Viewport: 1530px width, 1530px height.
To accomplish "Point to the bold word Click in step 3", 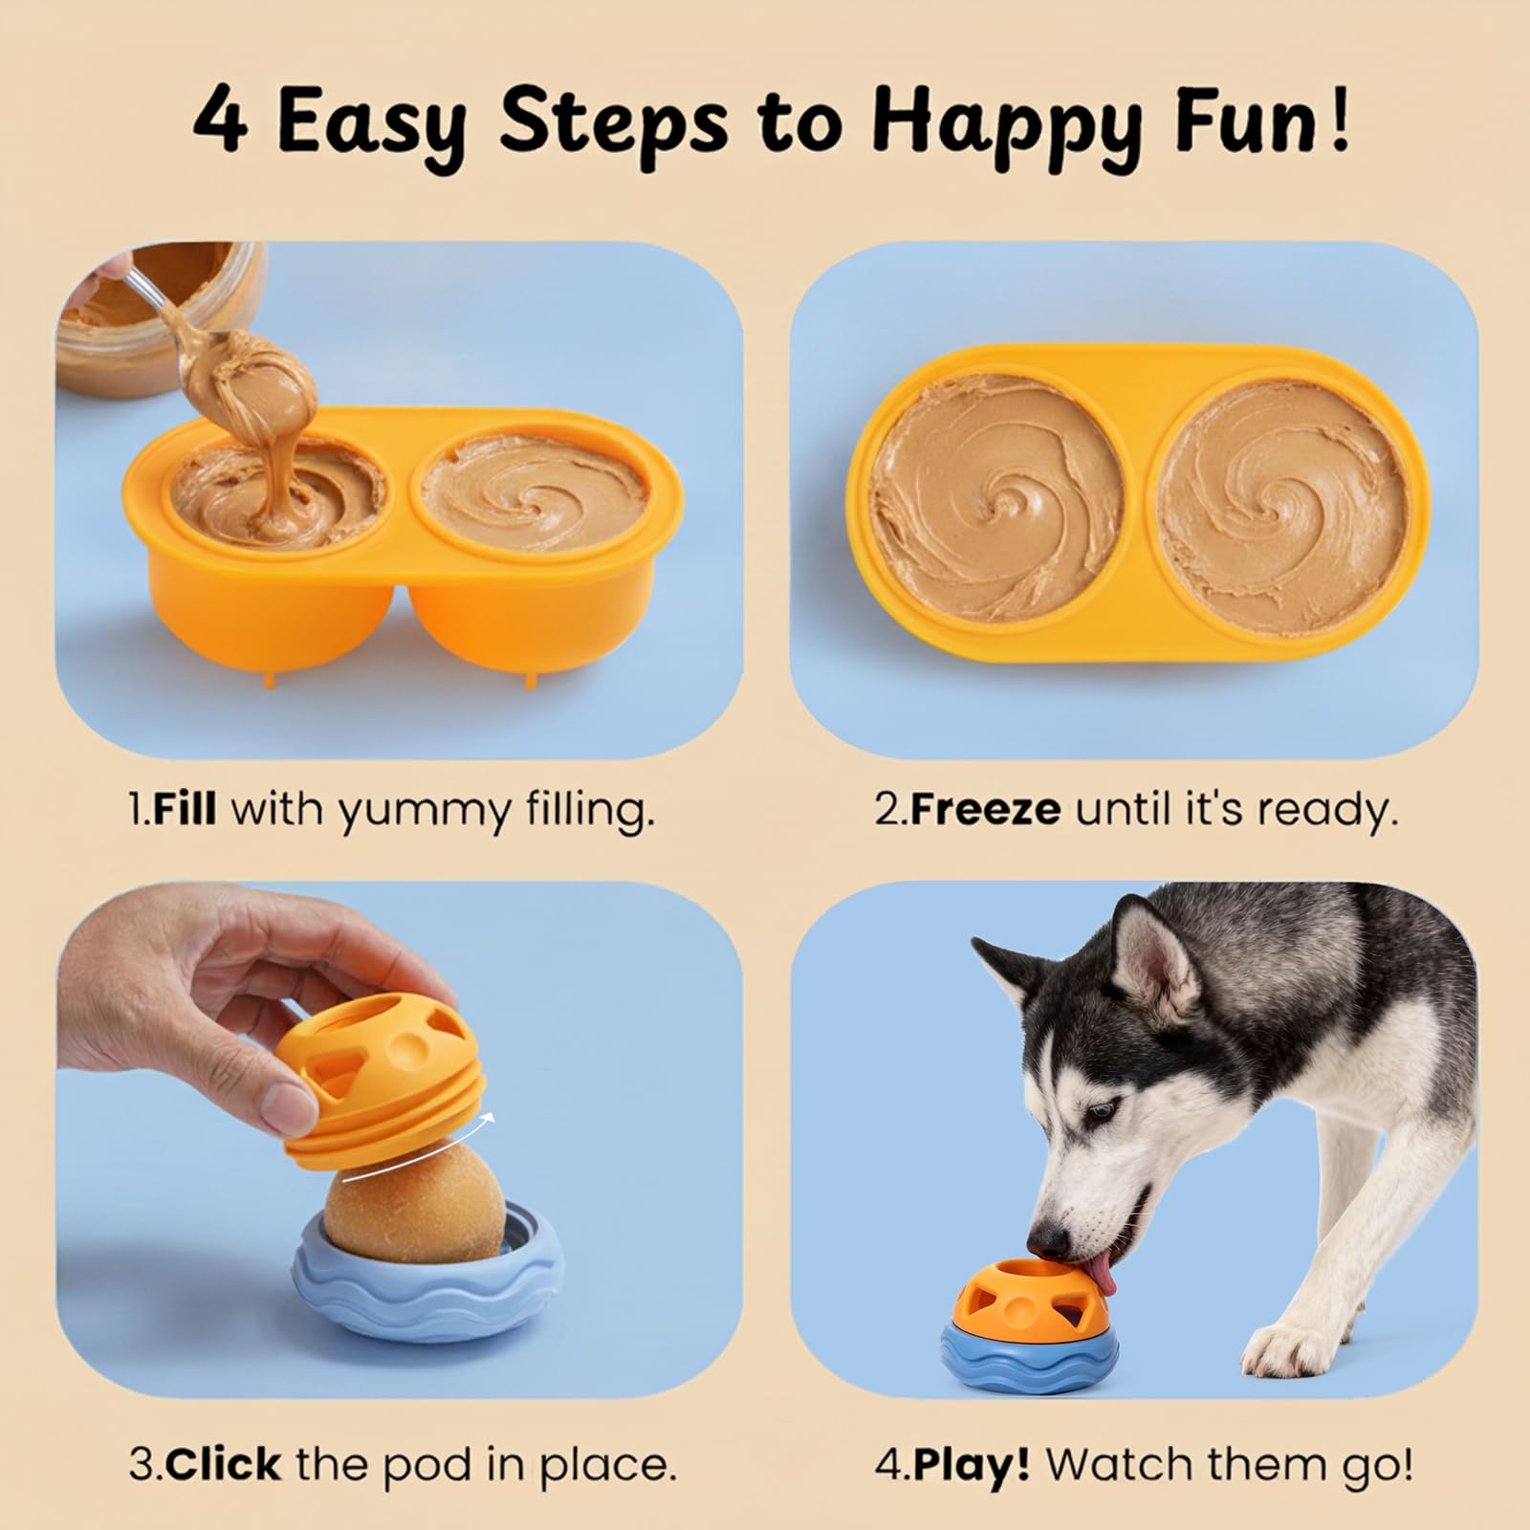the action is point(230,1464).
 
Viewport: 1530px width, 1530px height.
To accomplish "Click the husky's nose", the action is point(1052,1239).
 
